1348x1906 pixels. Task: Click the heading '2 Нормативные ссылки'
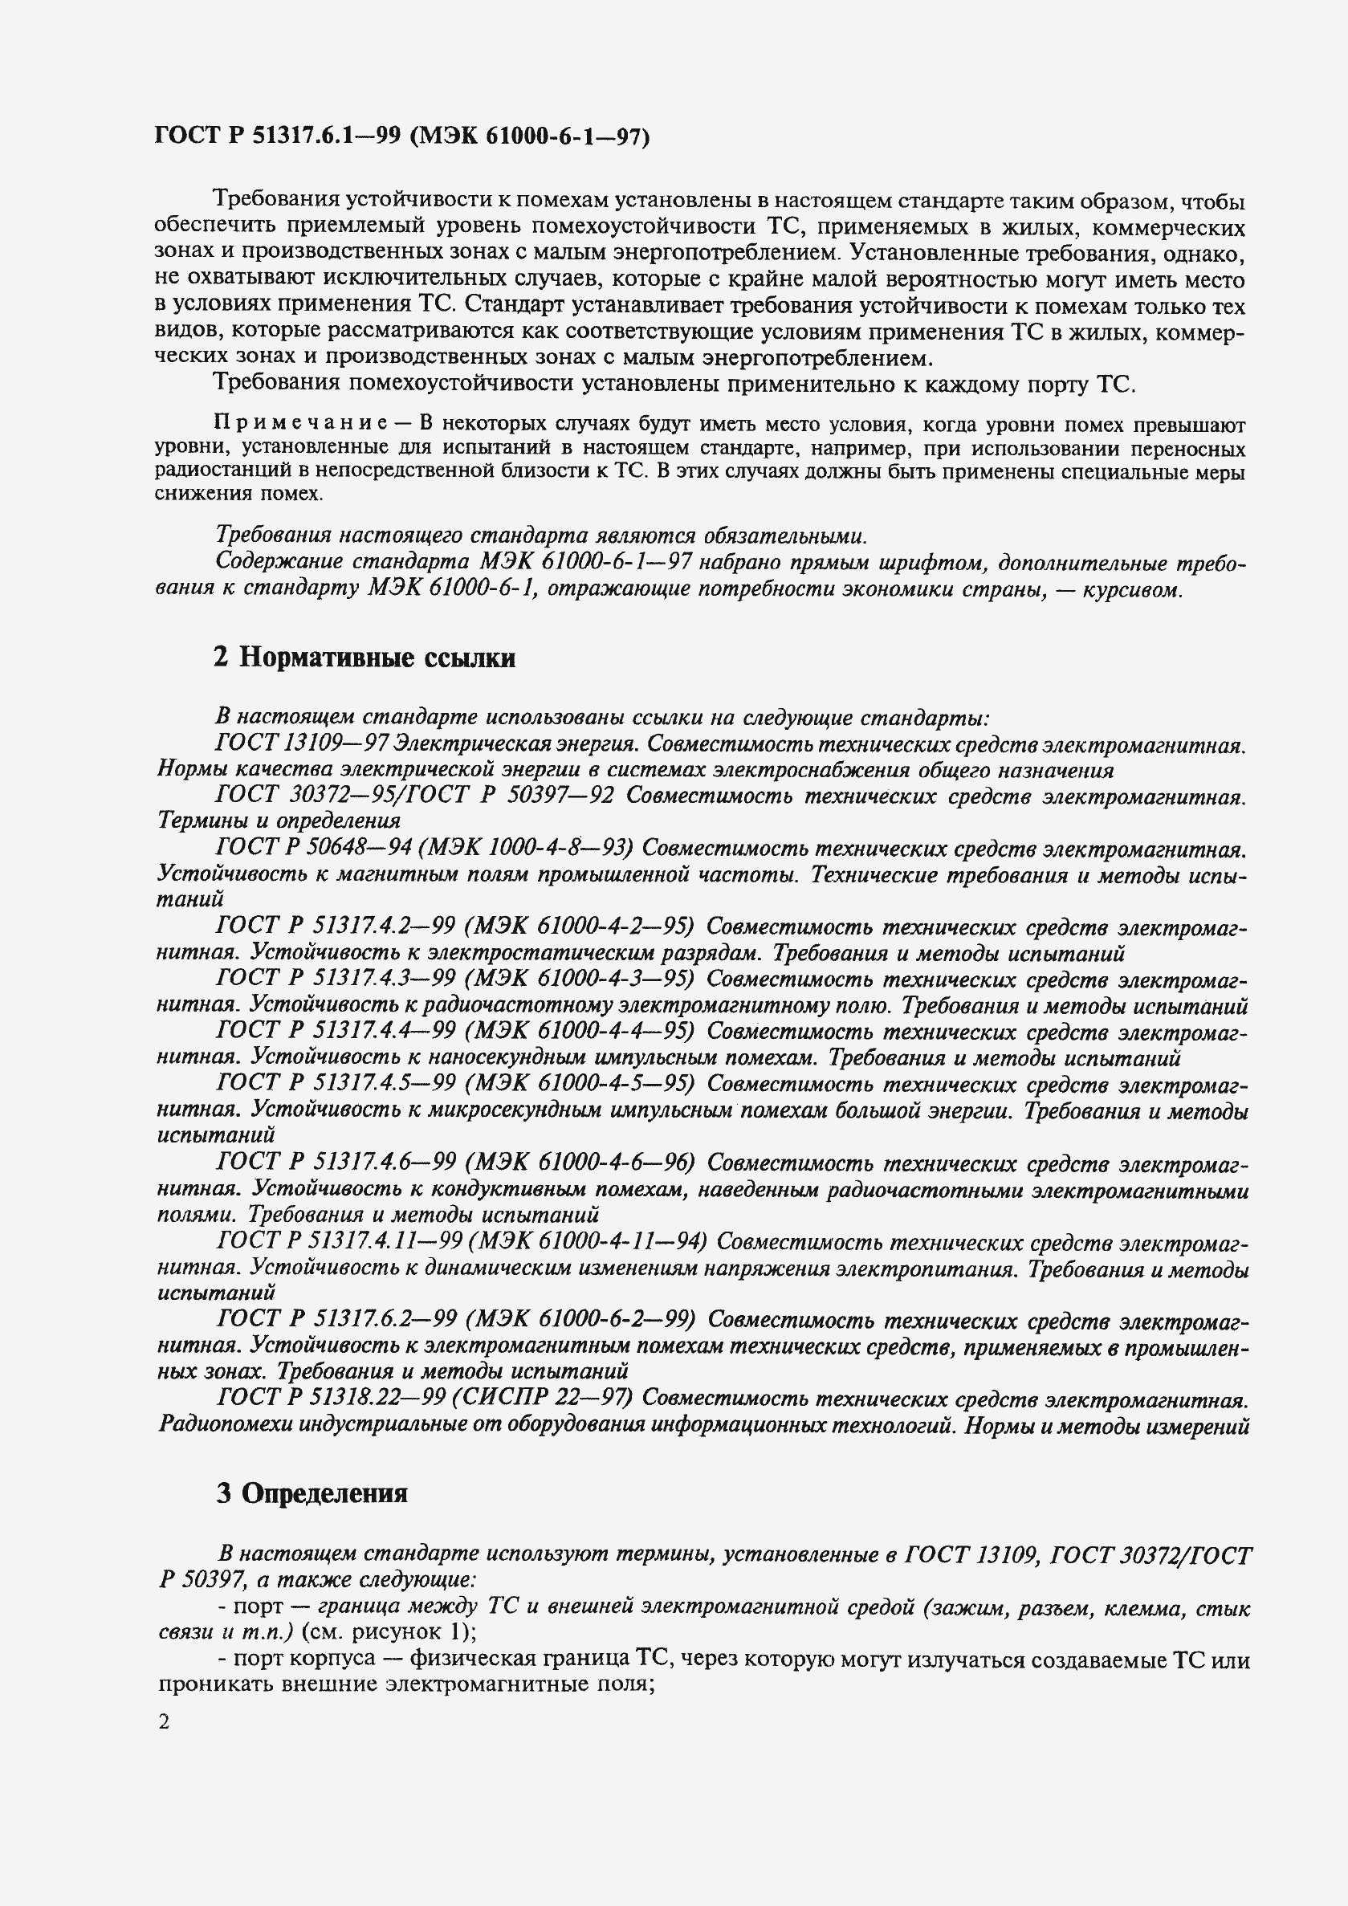pos(364,658)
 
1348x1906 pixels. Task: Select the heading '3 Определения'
pos(312,1493)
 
